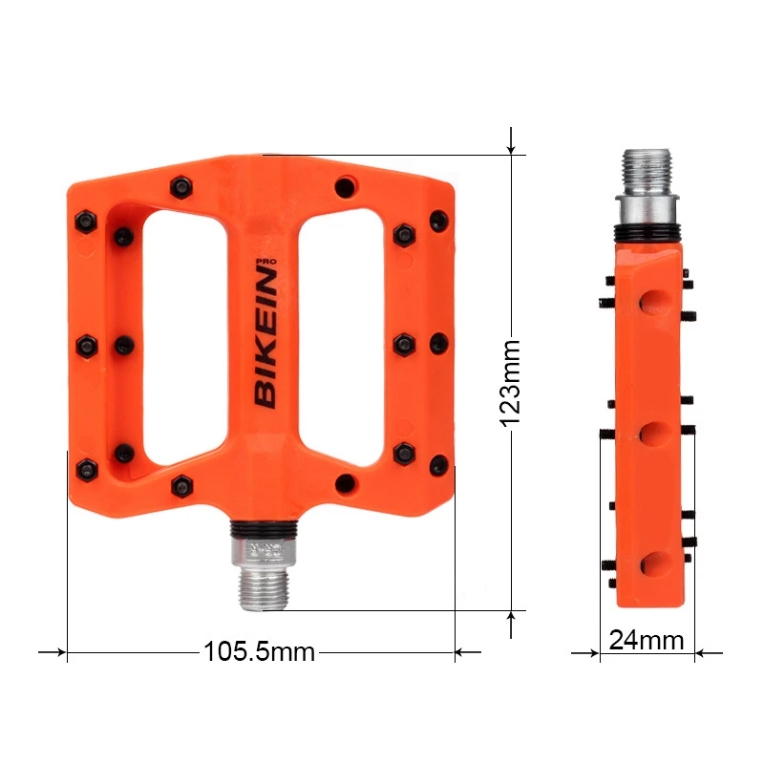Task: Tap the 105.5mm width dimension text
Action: pyautogui.click(x=258, y=652)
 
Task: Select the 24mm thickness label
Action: pyautogui.click(x=647, y=639)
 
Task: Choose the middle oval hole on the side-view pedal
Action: pyautogui.click(x=653, y=434)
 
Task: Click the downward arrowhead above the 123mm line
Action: pyautogui.click(x=513, y=145)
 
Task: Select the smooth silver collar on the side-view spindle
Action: pyautogui.click(x=650, y=206)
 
